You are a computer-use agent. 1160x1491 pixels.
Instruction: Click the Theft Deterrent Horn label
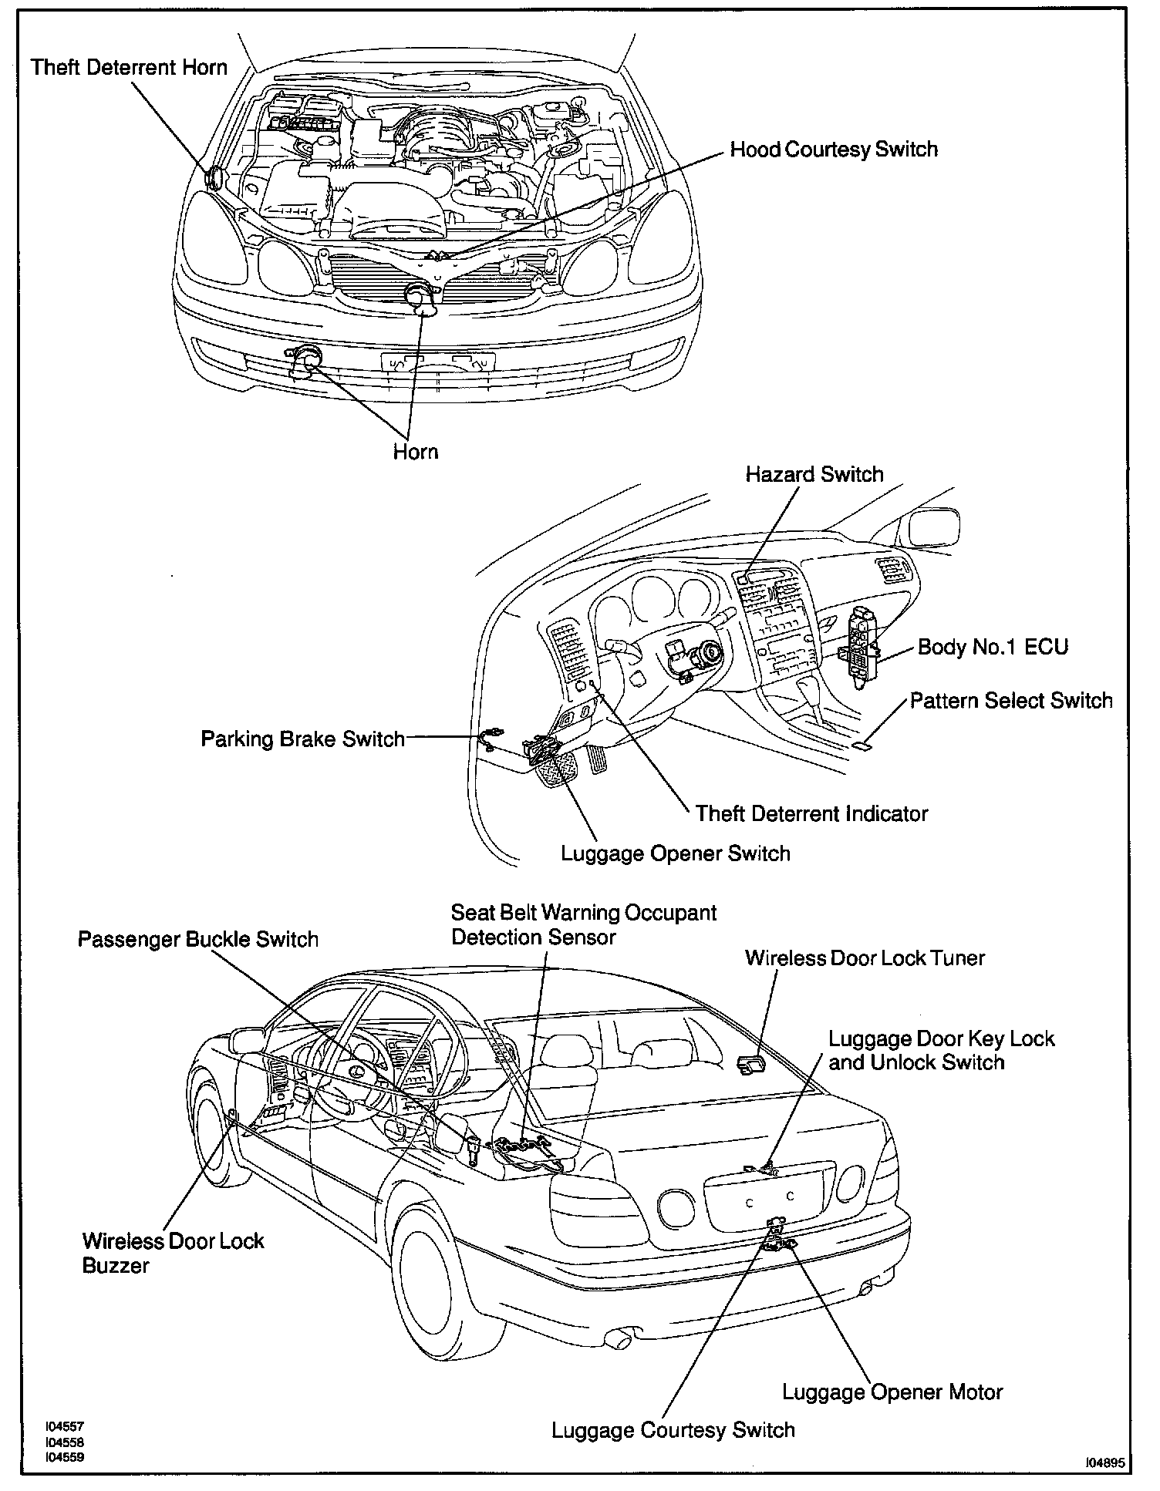[x=129, y=67]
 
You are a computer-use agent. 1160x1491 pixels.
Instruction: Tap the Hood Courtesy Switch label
[x=834, y=149]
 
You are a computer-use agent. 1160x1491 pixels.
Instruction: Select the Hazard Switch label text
[x=814, y=474]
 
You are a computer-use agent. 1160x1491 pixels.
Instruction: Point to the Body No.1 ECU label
[x=993, y=646]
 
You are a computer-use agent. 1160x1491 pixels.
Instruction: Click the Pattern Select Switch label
[x=1011, y=701]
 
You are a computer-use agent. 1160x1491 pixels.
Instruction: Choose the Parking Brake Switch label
[x=302, y=739]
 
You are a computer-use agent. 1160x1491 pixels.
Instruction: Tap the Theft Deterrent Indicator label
[x=811, y=813]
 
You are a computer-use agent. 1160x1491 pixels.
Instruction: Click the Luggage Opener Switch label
[x=675, y=853]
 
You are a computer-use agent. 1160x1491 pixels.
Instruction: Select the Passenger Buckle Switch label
[x=198, y=939]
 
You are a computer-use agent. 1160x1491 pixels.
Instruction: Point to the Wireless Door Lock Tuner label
[x=865, y=958]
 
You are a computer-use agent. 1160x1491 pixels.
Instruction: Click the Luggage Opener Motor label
[x=892, y=1392]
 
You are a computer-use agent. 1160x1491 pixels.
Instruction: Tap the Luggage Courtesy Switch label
[x=673, y=1430]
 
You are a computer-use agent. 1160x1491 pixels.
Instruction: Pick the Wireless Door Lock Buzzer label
[x=173, y=1253]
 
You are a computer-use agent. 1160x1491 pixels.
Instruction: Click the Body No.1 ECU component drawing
[x=860, y=641]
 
